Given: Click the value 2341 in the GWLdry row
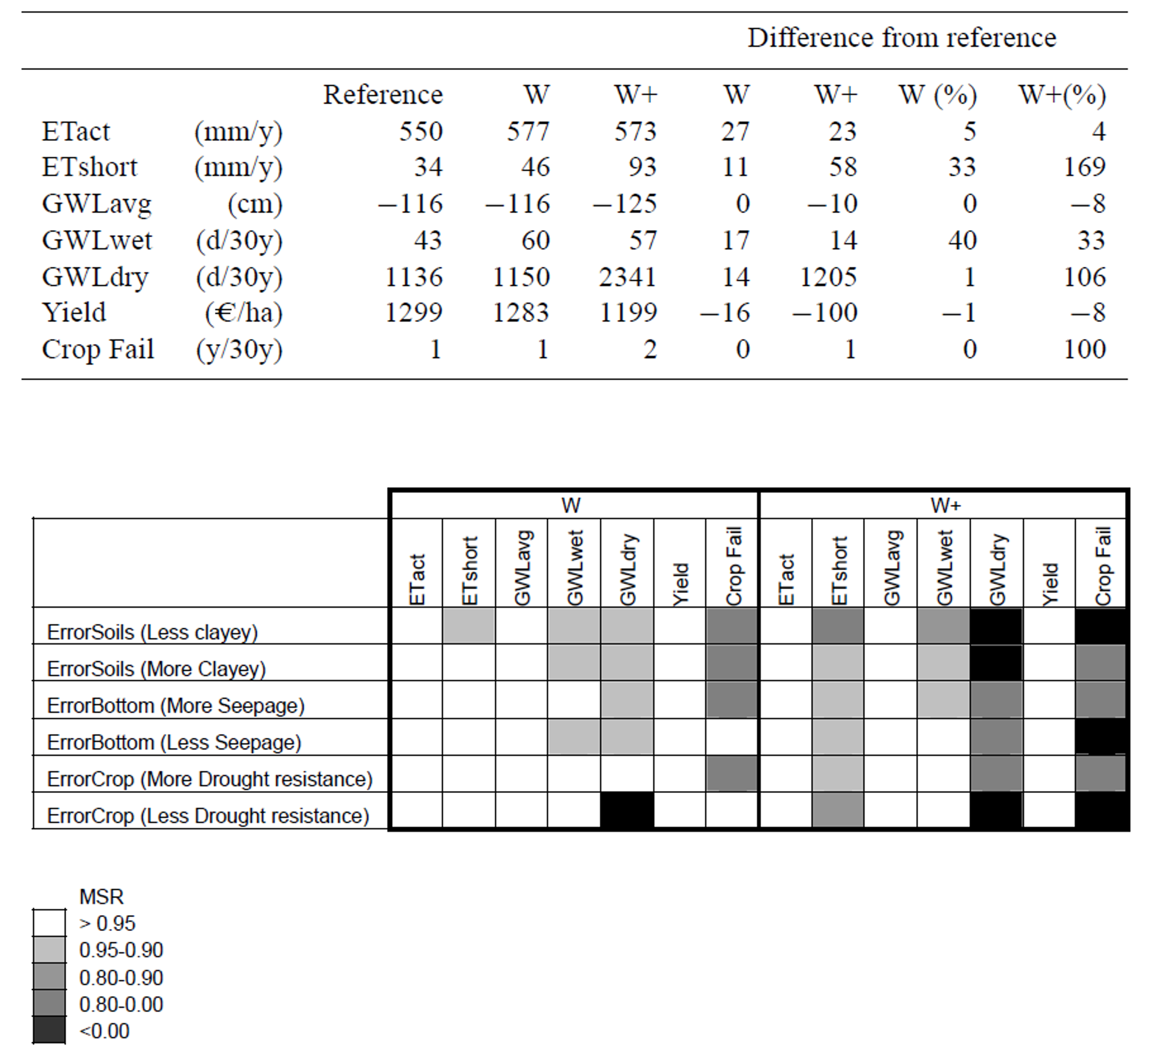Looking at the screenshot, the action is coord(628,277).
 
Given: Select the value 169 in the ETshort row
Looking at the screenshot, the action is coord(1084,167).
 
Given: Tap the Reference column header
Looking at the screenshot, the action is coord(383,95).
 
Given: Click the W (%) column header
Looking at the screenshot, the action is coord(938,95).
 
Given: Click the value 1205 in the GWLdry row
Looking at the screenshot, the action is coord(828,277).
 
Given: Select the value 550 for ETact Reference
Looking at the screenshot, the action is coord(421,131).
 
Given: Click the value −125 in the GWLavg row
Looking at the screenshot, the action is coord(625,204).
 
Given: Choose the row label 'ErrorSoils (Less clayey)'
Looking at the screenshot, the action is coord(152,632).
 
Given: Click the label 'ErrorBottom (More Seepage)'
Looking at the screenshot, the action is coord(176,706).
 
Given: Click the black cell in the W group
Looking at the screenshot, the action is coord(627,810).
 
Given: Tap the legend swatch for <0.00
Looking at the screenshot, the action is coord(49,1030).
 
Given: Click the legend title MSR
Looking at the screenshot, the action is coord(102,897).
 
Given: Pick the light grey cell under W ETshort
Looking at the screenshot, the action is coord(468,625).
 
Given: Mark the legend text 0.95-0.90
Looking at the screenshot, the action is coord(121,950).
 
